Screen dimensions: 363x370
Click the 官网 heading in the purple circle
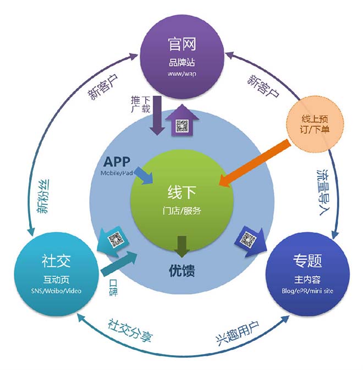(182, 44)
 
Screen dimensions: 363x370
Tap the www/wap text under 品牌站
(182, 73)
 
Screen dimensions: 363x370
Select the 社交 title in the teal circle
(56, 261)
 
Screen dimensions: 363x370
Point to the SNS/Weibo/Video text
(56, 291)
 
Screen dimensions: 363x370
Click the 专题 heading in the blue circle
(307, 261)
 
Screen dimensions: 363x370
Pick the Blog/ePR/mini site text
(307, 291)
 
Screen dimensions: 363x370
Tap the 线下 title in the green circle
(182, 192)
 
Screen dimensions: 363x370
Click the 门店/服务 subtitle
(182, 211)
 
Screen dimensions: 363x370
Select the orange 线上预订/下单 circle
(315, 124)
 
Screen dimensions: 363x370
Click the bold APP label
(117, 162)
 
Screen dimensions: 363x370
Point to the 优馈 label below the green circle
(182, 270)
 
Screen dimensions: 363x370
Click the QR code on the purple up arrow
(182, 126)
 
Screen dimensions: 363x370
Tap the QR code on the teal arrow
(116, 239)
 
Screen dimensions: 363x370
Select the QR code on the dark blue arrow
(248, 239)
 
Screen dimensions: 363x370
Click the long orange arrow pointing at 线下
(255, 163)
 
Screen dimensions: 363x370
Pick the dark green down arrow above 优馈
(182, 247)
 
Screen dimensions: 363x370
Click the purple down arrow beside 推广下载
(156, 115)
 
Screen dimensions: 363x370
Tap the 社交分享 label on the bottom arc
(130, 330)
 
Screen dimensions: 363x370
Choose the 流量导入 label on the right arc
(324, 192)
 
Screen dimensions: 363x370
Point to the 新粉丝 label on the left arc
(43, 196)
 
